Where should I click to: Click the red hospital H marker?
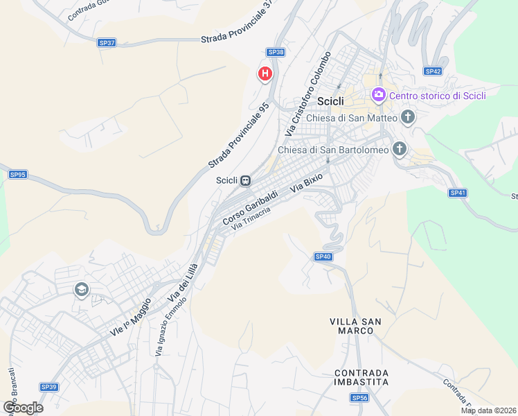click(265, 73)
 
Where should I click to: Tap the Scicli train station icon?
click(244, 180)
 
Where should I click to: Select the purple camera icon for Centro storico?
click(378, 95)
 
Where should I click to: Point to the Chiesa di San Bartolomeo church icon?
click(399, 148)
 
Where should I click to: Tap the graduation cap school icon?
click(81, 289)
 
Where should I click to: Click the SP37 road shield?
click(107, 43)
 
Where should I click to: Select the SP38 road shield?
click(276, 52)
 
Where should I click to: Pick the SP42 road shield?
click(433, 71)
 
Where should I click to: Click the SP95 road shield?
click(17, 175)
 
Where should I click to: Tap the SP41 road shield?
click(458, 193)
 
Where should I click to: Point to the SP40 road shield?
click(323, 257)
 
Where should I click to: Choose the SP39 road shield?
click(48, 387)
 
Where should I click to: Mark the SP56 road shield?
click(359, 397)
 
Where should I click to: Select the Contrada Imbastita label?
click(360, 377)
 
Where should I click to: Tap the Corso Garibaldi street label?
click(250, 206)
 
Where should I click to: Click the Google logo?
click(23, 407)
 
